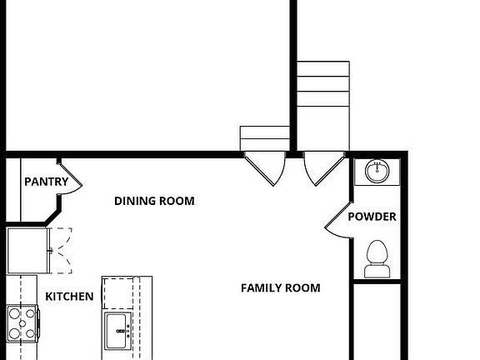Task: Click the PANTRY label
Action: click(46, 182)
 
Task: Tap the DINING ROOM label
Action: click(154, 201)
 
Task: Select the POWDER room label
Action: click(372, 217)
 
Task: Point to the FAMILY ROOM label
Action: click(281, 288)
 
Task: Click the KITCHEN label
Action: click(69, 297)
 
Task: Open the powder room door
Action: click(336, 222)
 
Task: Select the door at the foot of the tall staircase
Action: click(322, 167)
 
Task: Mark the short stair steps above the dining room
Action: click(264, 138)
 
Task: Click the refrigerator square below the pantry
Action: click(27, 249)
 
